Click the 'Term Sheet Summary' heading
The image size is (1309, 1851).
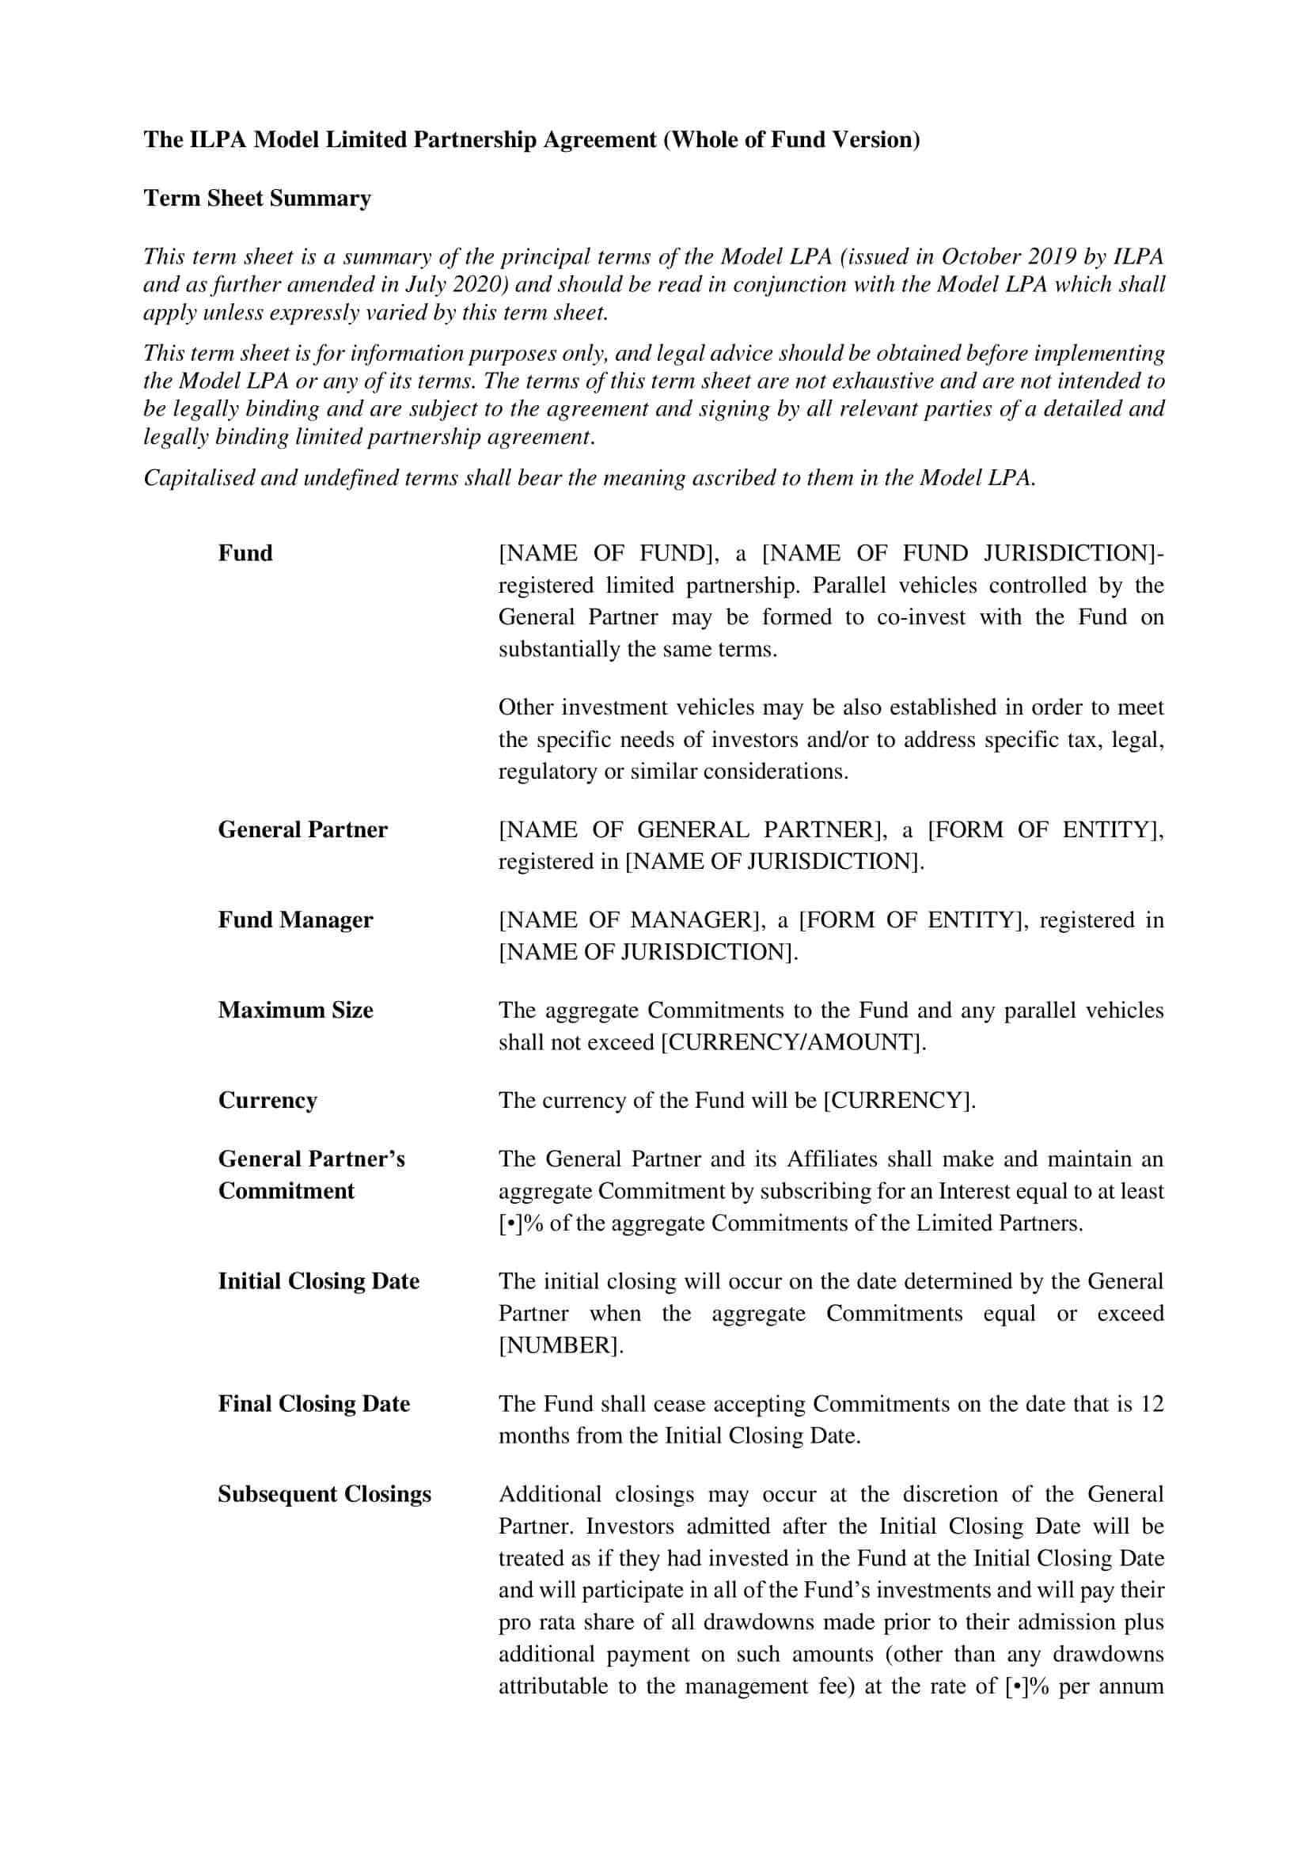point(257,199)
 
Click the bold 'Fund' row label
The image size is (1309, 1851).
point(245,553)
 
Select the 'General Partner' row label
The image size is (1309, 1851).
point(302,829)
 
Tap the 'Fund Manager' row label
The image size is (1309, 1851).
point(295,920)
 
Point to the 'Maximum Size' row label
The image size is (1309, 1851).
point(295,1010)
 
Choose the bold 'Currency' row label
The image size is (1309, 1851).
point(267,1101)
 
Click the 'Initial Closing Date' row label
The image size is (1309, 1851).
point(318,1281)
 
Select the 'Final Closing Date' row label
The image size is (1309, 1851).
point(313,1404)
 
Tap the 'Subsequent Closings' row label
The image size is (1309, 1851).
point(324,1494)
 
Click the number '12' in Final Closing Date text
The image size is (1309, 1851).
point(1152,1404)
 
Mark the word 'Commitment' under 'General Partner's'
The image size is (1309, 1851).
point(286,1191)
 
